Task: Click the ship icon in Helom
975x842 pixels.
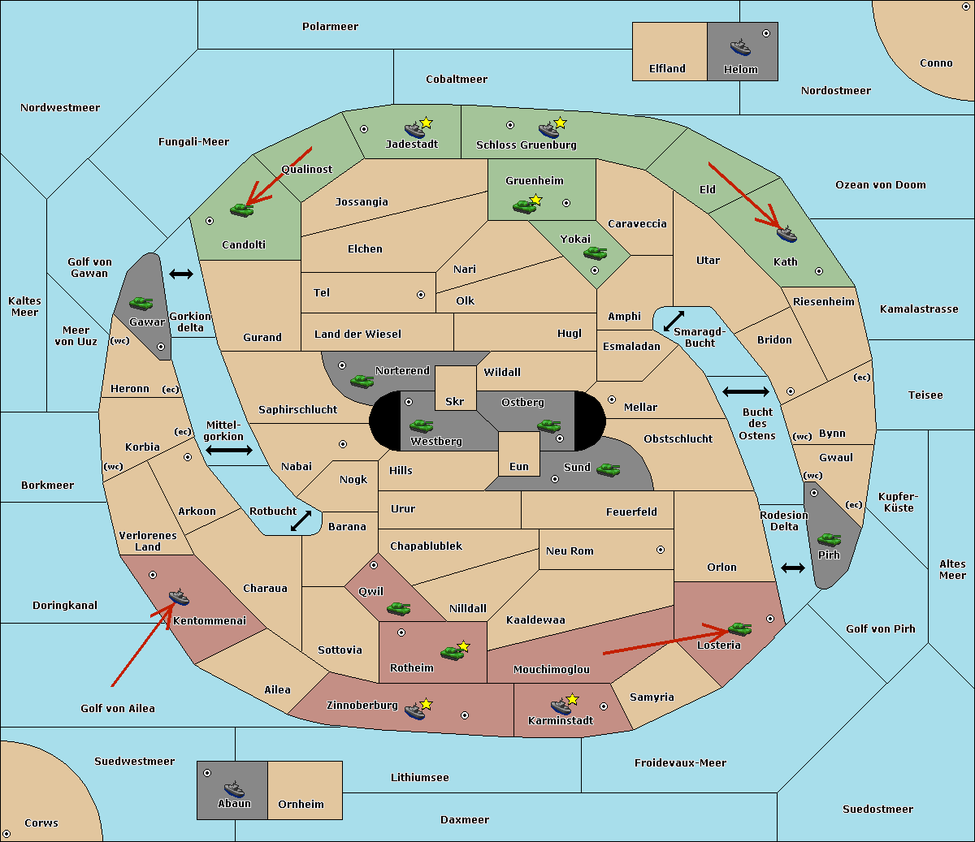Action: [740, 48]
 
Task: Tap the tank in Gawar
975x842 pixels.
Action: [141, 303]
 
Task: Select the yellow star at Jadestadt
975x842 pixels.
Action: [426, 123]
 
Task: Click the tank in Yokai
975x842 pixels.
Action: [595, 253]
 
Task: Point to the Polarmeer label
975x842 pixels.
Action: [330, 27]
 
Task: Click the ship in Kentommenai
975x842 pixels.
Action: [179, 597]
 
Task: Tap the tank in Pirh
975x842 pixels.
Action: [829, 539]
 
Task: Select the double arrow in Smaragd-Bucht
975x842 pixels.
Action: [674, 321]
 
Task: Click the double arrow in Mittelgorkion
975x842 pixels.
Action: [229, 450]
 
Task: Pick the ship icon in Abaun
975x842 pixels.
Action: [234, 788]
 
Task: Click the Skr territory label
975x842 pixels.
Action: [454, 401]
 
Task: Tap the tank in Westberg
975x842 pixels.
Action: [421, 425]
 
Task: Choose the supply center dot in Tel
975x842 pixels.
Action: [421, 295]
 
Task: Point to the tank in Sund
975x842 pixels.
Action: [608, 469]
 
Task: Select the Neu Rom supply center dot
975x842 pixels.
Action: [661, 550]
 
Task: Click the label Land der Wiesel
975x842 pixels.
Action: [357, 335]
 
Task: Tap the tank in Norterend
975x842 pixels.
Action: [362, 381]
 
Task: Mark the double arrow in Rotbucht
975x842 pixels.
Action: [301, 520]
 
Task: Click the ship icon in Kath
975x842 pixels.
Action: [786, 235]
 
